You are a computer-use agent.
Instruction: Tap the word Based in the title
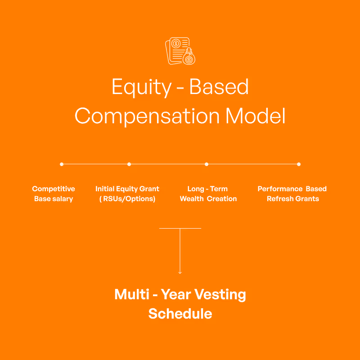[x=219, y=87]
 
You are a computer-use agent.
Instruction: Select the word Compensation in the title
[x=147, y=116]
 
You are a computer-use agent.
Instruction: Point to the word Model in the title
[x=255, y=116]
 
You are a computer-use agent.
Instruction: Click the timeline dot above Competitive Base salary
[x=62, y=164]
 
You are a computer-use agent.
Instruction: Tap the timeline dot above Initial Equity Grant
[x=129, y=164]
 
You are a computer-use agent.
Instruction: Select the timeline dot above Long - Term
[x=207, y=164]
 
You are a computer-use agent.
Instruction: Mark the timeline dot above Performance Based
[x=299, y=164]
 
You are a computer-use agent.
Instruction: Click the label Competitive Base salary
[x=54, y=194]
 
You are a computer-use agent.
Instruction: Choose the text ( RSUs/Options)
[x=127, y=199]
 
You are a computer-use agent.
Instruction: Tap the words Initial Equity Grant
[x=127, y=189]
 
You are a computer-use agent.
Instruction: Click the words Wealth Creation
[x=208, y=199]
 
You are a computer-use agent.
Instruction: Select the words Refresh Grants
[x=292, y=199]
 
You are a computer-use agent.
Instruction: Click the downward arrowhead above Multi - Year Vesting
[x=180, y=272]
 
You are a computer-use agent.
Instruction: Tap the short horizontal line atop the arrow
[x=180, y=228]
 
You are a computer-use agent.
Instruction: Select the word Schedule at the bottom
[x=180, y=314]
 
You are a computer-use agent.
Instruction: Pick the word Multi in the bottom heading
[x=131, y=295]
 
